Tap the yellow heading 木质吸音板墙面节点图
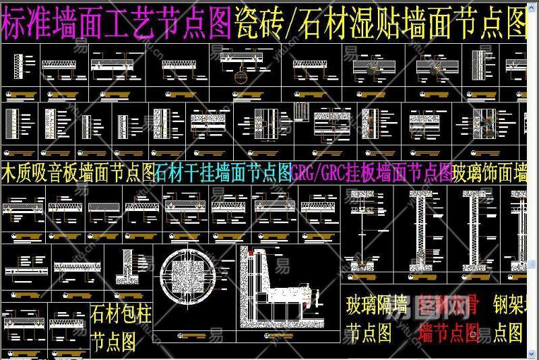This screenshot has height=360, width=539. click(78, 173)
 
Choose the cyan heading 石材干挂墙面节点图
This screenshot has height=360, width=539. click(223, 173)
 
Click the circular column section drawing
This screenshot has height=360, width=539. click(193, 280)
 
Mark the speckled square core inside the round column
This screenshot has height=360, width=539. click(193, 280)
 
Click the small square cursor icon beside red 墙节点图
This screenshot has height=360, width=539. click(473, 332)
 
